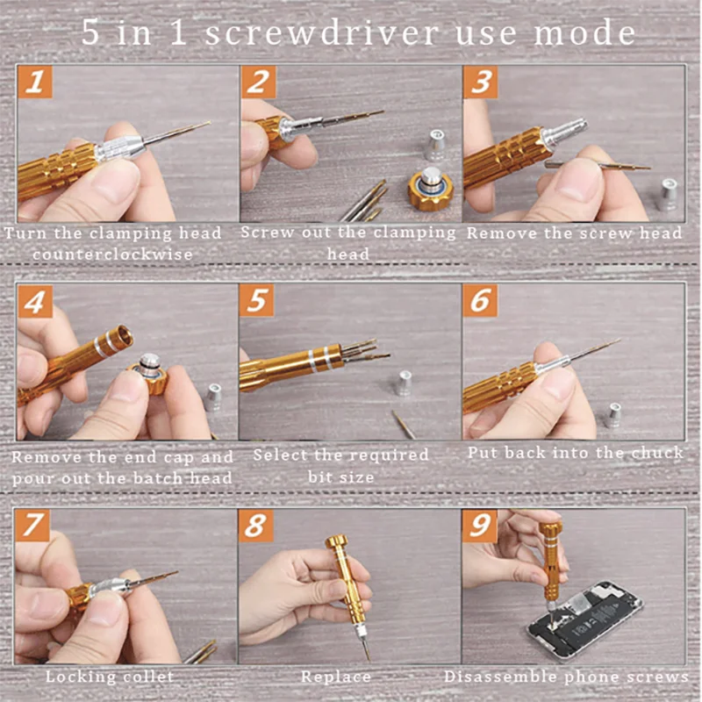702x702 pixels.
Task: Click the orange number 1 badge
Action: point(35,82)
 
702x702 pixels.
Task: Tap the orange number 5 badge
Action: point(256,300)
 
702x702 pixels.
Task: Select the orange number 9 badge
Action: point(479,526)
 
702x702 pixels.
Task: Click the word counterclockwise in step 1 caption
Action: point(113,254)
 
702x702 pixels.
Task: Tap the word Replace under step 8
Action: point(336,677)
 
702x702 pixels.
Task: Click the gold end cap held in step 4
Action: point(150,374)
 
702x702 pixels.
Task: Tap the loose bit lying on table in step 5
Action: point(405,424)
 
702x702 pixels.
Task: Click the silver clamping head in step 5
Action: point(404,383)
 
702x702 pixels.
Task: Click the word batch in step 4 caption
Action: point(158,478)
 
